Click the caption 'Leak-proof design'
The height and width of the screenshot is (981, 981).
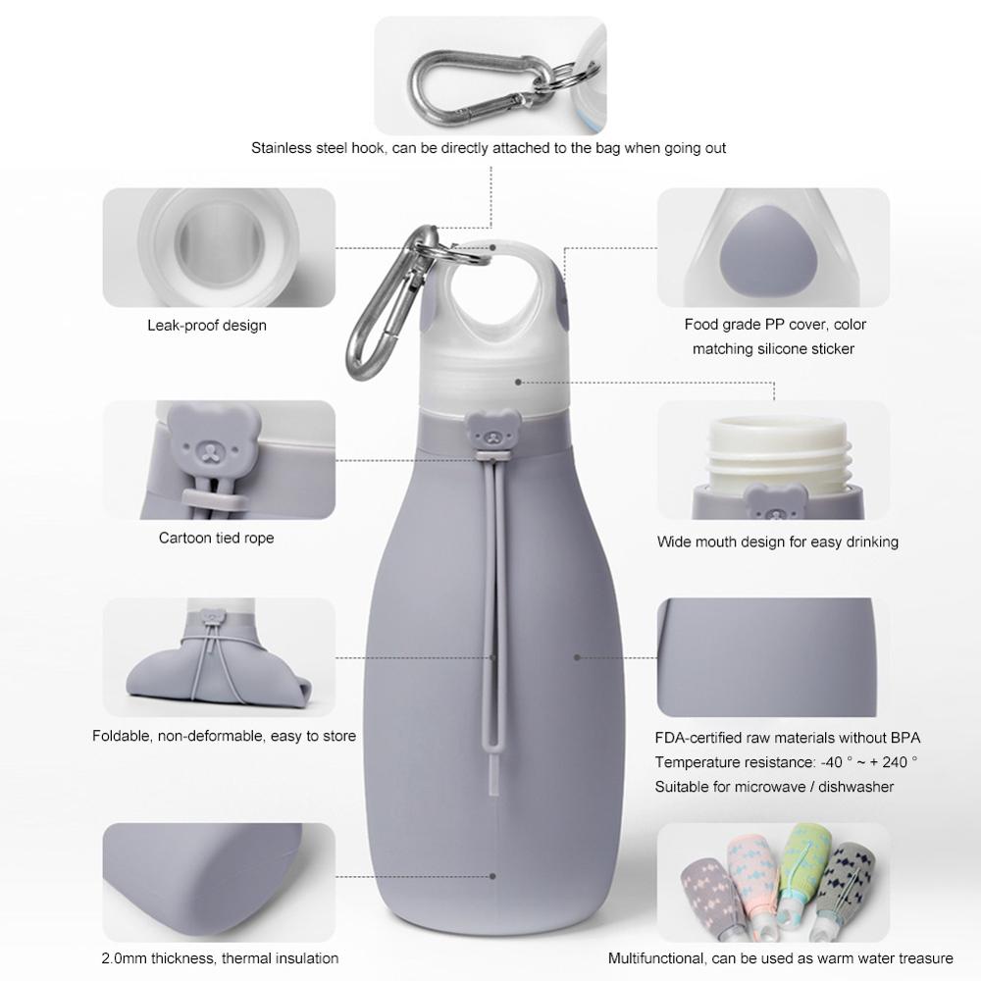coord(207,325)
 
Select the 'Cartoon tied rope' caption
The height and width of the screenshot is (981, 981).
coord(217,538)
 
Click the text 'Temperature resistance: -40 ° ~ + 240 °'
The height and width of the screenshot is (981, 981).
coord(787,762)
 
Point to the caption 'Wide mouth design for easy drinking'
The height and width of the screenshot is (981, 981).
coord(778,542)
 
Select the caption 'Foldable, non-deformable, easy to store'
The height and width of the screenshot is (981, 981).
coord(225,736)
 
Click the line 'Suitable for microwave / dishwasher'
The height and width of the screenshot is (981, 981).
coord(775,787)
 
